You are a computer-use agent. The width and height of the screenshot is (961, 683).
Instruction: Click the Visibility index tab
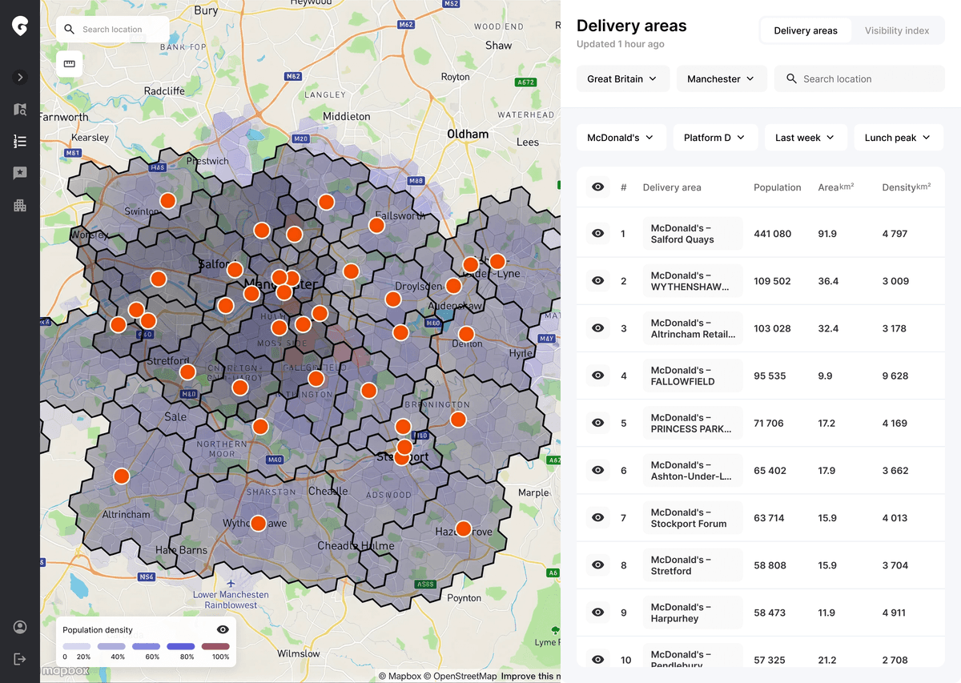coord(896,30)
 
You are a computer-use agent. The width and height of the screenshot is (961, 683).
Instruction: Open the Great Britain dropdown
coord(622,78)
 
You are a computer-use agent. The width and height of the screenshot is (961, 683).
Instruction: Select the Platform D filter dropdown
coord(714,137)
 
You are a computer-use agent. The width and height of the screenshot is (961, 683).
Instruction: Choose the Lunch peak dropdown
coord(898,137)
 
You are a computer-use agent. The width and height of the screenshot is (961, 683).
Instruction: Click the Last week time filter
coord(805,137)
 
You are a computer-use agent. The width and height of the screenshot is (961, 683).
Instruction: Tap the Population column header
coord(777,187)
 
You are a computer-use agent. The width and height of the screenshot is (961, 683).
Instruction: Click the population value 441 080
coord(772,234)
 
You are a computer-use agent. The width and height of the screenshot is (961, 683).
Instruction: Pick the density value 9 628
coord(895,376)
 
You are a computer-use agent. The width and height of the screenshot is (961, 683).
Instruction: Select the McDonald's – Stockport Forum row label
coord(691,518)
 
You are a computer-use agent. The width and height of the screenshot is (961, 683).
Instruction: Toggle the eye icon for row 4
coord(597,376)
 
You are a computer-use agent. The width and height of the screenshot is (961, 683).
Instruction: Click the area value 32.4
coord(828,328)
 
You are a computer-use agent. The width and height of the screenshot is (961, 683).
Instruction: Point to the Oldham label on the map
coord(468,134)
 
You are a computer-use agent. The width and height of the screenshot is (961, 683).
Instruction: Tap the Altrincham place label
coord(126,515)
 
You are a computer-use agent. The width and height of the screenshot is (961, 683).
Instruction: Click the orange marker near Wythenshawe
coord(258,524)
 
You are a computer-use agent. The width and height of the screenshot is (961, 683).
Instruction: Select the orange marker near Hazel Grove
coord(463,528)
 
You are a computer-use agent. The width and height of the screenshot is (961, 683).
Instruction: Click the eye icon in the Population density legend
coord(223,630)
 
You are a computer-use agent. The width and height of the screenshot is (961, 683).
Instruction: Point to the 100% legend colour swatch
coord(215,646)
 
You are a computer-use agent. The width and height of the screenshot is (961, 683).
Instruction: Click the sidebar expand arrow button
coord(20,78)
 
